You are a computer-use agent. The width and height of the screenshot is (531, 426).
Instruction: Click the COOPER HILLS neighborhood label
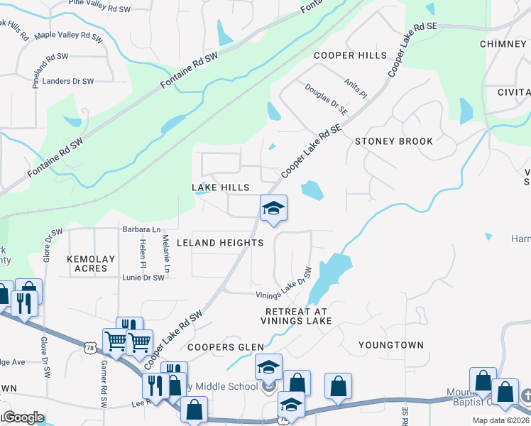tap(351, 55)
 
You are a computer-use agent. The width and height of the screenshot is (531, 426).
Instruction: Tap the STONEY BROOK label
tap(394, 141)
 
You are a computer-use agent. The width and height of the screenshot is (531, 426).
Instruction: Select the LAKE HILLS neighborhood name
tap(221, 187)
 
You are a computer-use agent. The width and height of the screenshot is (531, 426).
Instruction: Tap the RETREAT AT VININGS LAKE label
tap(298, 317)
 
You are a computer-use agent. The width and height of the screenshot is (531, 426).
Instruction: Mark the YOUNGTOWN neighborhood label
tap(390, 345)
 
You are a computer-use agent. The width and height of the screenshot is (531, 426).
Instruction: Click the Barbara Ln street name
tap(141, 229)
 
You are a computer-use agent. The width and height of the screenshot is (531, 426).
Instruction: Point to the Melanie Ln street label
tap(165, 254)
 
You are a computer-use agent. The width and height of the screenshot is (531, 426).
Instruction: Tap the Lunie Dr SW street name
tap(143, 278)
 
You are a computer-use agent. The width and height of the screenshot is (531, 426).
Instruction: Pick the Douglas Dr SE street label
tap(326, 99)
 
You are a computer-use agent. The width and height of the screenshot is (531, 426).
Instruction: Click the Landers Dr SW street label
tap(68, 82)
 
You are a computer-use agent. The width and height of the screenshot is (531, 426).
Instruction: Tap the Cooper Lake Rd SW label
tap(173, 338)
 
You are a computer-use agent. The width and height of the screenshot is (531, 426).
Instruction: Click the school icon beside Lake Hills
tap(273, 209)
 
